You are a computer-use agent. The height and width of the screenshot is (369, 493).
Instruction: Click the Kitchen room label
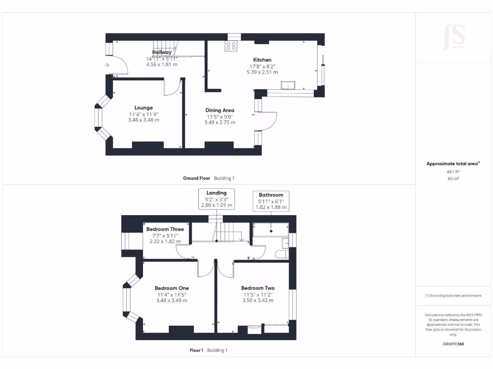(x=262, y=60)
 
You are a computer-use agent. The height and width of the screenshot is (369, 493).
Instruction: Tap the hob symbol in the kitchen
(x=231, y=46)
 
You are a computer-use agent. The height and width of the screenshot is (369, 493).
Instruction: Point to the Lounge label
(x=143, y=108)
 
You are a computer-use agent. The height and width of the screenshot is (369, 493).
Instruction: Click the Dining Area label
(x=220, y=111)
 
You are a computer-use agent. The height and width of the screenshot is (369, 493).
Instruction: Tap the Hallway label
(x=162, y=52)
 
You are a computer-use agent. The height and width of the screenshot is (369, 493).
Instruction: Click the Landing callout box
(x=217, y=199)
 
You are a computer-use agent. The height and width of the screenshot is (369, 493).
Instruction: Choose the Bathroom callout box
(x=271, y=201)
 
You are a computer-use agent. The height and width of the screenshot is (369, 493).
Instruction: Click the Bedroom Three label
(x=165, y=229)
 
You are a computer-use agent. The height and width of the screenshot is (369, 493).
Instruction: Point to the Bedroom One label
(x=171, y=288)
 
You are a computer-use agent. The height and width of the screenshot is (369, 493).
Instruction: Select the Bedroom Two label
(x=258, y=288)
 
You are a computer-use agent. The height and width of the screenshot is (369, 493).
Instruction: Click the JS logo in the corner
(x=454, y=37)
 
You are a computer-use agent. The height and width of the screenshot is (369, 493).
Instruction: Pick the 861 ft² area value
(x=453, y=171)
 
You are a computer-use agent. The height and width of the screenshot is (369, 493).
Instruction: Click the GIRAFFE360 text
(x=453, y=344)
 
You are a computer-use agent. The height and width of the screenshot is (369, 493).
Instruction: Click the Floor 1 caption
(x=196, y=350)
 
